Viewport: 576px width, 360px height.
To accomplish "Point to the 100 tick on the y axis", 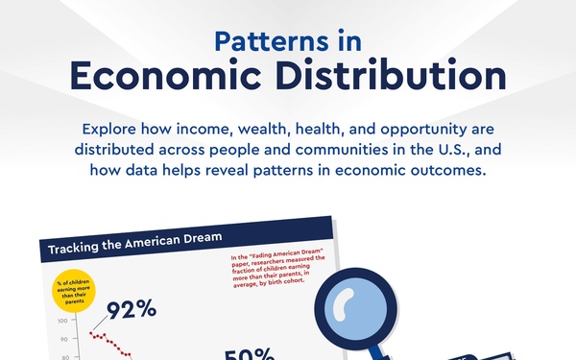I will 64,322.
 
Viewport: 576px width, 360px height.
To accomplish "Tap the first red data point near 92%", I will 91,334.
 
